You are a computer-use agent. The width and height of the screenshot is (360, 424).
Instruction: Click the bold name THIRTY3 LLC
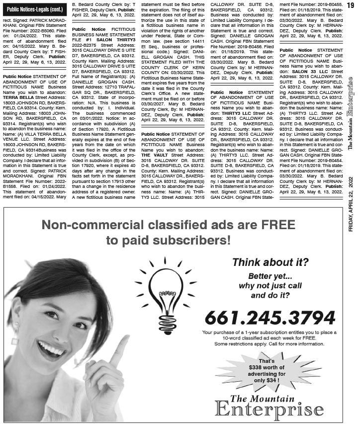(x=227, y=112)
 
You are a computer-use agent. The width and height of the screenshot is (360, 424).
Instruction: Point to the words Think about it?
(x=267, y=262)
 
